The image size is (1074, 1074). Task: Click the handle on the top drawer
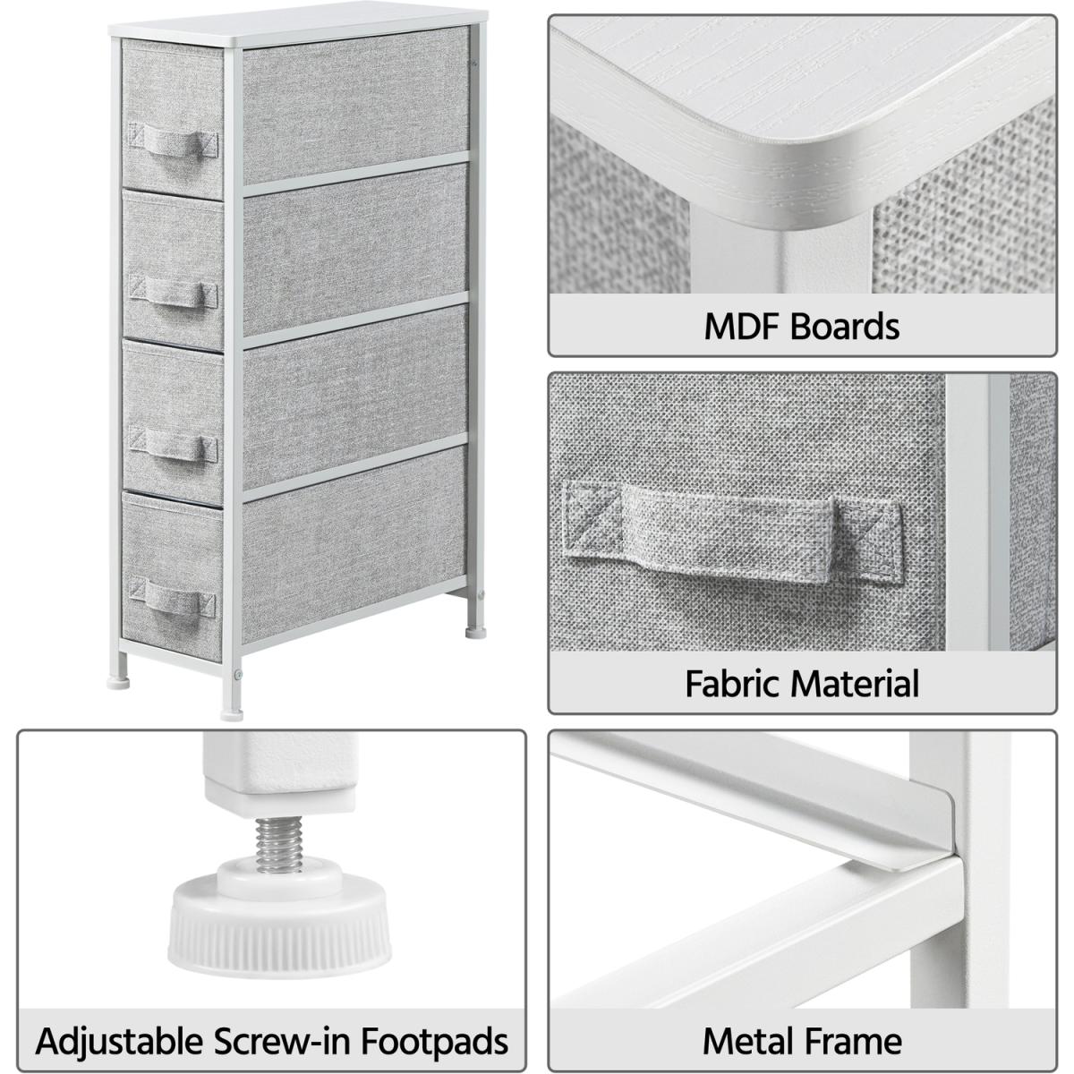click(174, 143)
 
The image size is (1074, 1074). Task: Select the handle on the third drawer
click(174, 444)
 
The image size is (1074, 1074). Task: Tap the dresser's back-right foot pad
click(475, 632)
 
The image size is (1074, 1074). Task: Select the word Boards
click(845, 327)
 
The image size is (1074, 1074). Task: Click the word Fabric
click(734, 685)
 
